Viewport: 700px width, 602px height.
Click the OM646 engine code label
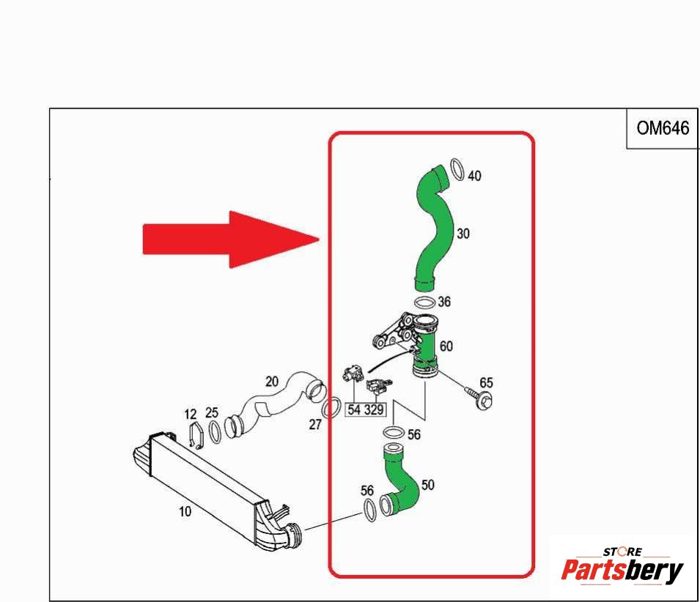pyautogui.click(x=663, y=128)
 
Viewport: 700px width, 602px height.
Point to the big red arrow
pyautogui.click(x=231, y=239)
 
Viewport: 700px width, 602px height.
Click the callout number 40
pyautogui.click(x=474, y=176)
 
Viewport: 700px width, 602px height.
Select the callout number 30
pyautogui.click(x=463, y=234)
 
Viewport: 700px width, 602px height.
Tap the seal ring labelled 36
pyautogui.click(x=424, y=302)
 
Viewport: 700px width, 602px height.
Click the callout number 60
pyautogui.click(x=446, y=346)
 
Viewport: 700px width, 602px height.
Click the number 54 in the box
pyautogui.click(x=354, y=409)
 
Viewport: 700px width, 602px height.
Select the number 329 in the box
pyautogui.click(x=374, y=409)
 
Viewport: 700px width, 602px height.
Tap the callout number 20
pyautogui.click(x=272, y=382)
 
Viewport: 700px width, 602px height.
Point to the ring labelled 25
pyautogui.click(x=215, y=431)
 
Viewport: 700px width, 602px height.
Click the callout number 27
pyautogui.click(x=315, y=425)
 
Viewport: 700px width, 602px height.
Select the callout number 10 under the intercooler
pyautogui.click(x=185, y=511)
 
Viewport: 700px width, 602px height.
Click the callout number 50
pyautogui.click(x=427, y=485)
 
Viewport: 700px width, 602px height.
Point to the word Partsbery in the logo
pyautogui.click(x=622, y=571)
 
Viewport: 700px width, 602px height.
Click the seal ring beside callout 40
pyautogui.click(x=457, y=169)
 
